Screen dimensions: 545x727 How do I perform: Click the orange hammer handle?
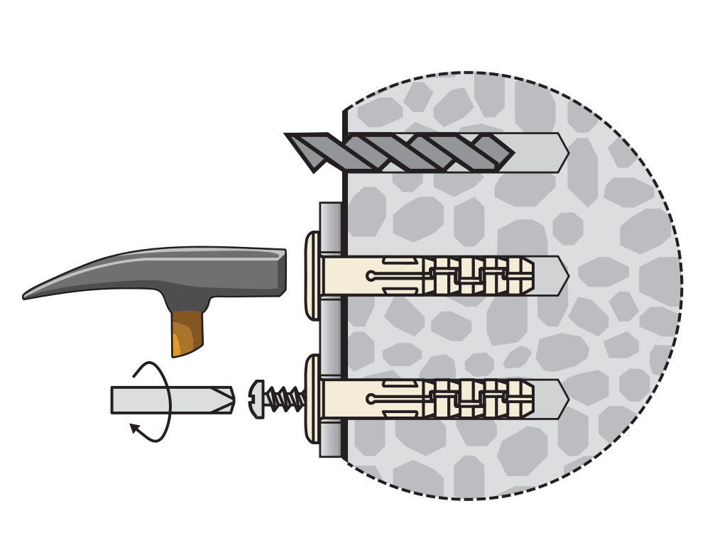[x=187, y=333]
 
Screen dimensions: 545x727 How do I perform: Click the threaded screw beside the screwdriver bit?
[x=287, y=399]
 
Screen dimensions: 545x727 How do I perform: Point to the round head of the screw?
[x=257, y=399]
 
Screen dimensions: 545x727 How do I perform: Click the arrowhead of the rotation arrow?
[x=133, y=427]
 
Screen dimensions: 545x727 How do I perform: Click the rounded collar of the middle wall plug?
[x=313, y=276]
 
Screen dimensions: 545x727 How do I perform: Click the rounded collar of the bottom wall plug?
[x=313, y=399]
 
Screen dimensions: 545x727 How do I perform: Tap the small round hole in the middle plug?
[x=371, y=276]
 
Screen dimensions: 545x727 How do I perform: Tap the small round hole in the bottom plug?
[x=371, y=399]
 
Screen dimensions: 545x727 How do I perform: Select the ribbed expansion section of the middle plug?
[x=479, y=276]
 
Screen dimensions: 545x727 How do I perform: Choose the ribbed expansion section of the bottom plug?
[x=479, y=399]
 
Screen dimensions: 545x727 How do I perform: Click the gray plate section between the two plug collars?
[x=330, y=337]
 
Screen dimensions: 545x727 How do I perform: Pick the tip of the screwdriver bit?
[x=231, y=400]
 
